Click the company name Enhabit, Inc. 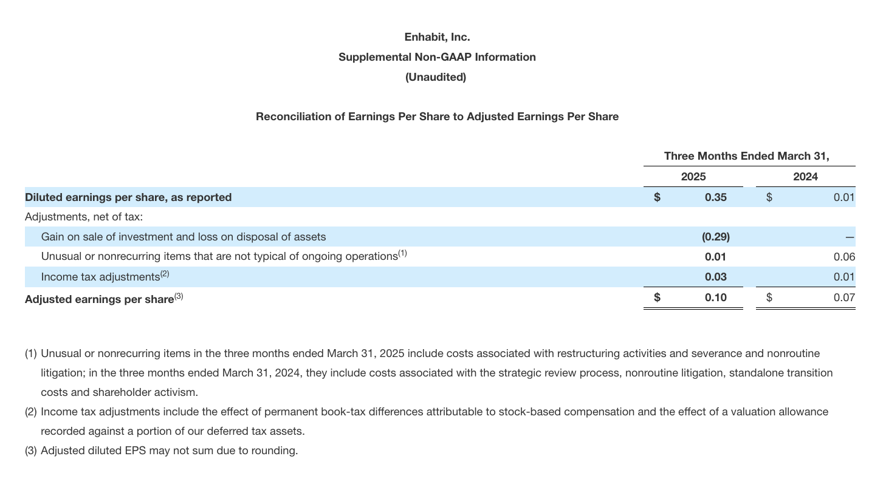[x=437, y=37]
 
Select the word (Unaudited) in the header [x=436, y=77]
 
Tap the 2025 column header [x=693, y=177]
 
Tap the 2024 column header [x=805, y=177]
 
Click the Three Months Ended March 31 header [x=746, y=156]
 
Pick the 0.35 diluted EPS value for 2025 [x=715, y=197]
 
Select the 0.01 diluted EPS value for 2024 [x=844, y=197]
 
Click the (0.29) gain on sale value [x=715, y=237]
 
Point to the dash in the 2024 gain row [x=850, y=237]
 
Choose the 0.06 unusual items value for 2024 [x=844, y=257]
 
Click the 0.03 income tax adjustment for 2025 [x=715, y=277]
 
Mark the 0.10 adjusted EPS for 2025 [x=715, y=298]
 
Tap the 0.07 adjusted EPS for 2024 [x=844, y=298]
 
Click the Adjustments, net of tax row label [x=84, y=217]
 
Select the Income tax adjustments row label [x=100, y=277]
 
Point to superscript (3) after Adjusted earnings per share [x=179, y=296]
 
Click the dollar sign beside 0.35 [x=657, y=197]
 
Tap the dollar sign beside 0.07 [x=769, y=298]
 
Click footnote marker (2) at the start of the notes [x=31, y=412]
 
